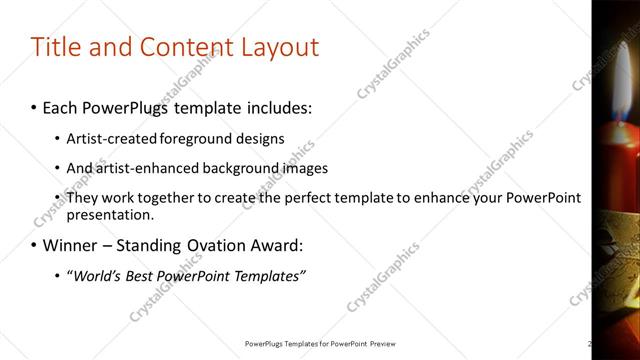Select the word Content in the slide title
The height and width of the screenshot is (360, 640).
178,47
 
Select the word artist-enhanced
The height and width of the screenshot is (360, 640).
139,168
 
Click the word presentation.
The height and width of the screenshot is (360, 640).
110,214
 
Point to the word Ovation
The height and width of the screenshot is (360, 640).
208,245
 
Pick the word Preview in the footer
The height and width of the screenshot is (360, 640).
389,344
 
